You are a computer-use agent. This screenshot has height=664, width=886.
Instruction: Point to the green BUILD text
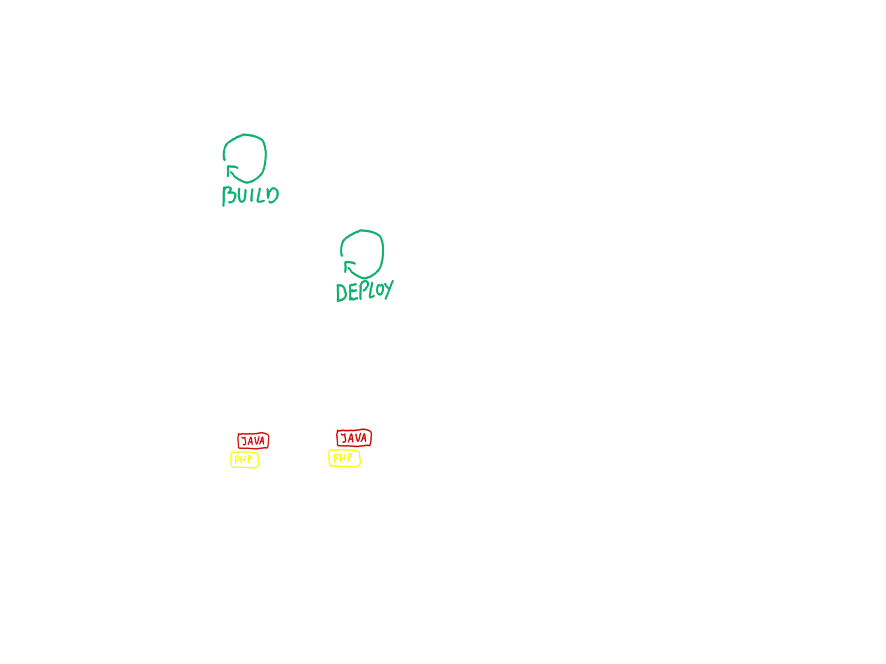point(250,196)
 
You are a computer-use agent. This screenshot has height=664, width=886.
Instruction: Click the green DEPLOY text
point(364,291)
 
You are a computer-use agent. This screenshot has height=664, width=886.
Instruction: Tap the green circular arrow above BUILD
point(245,158)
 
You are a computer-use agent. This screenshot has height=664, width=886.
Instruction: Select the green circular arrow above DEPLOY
point(362,253)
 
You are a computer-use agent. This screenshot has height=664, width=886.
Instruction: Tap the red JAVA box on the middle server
point(253,440)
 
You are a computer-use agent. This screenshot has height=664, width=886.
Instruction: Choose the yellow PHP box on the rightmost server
point(344,458)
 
